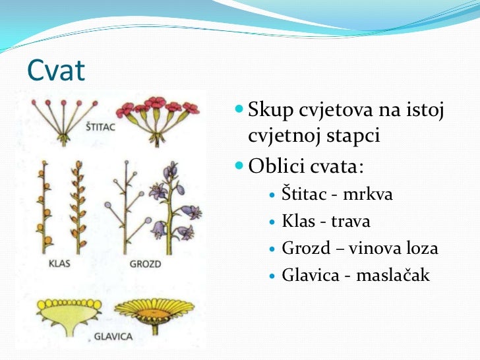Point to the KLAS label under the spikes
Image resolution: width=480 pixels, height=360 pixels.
[x=59, y=264]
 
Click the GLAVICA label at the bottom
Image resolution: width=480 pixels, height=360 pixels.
[x=113, y=336]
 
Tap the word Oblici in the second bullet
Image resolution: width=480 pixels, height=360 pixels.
[x=276, y=164]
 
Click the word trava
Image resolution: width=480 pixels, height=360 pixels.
[x=350, y=222]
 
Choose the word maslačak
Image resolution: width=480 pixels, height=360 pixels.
[x=393, y=276]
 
